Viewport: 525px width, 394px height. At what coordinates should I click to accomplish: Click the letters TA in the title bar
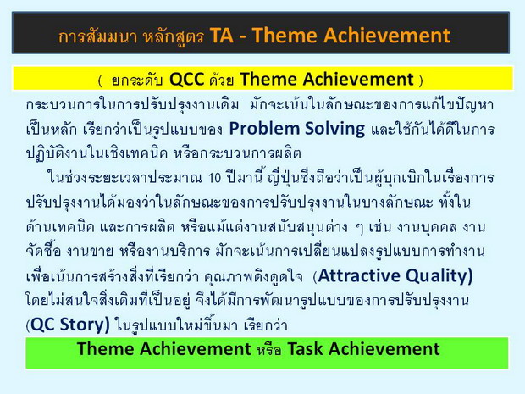coord(221,36)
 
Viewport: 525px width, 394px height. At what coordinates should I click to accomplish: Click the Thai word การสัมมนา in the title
coord(97,36)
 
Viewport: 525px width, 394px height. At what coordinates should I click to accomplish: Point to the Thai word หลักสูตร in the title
coord(174,36)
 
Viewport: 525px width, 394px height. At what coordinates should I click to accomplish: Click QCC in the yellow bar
coord(187,80)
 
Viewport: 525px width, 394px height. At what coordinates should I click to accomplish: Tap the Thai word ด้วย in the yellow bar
coord(221,80)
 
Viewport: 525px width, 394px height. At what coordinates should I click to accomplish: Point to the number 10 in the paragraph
coord(214,178)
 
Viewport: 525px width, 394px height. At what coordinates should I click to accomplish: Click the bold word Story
coord(85,325)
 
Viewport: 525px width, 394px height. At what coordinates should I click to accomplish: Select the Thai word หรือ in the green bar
coord(269,349)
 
